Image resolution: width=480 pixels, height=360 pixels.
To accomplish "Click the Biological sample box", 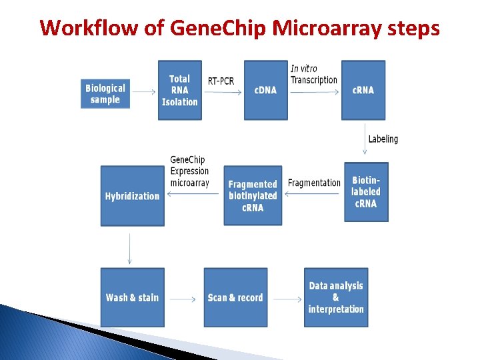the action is (105, 94).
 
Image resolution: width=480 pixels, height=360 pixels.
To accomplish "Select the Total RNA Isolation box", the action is (179, 90).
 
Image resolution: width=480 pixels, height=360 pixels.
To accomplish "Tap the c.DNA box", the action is (265, 90).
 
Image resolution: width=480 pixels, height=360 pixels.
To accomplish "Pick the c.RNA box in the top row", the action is (363, 90).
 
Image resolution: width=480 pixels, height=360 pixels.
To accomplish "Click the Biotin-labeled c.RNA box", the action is (366, 192).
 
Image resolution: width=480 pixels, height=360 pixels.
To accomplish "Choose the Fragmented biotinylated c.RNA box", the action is (253, 195).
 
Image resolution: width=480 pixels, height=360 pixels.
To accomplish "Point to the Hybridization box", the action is (132, 196).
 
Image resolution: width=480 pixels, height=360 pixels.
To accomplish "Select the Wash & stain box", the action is (132, 297).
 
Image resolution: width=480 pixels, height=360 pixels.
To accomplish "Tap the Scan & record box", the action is (235, 297).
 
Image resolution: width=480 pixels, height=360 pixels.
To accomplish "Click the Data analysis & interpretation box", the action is (336, 297).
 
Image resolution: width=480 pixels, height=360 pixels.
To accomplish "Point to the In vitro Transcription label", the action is (313, 74).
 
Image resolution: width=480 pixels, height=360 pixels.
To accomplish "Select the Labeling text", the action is (383, 139).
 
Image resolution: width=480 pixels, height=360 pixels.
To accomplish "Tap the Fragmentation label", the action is (314, 183).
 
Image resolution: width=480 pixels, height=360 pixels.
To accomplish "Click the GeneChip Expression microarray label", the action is (189, 171).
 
